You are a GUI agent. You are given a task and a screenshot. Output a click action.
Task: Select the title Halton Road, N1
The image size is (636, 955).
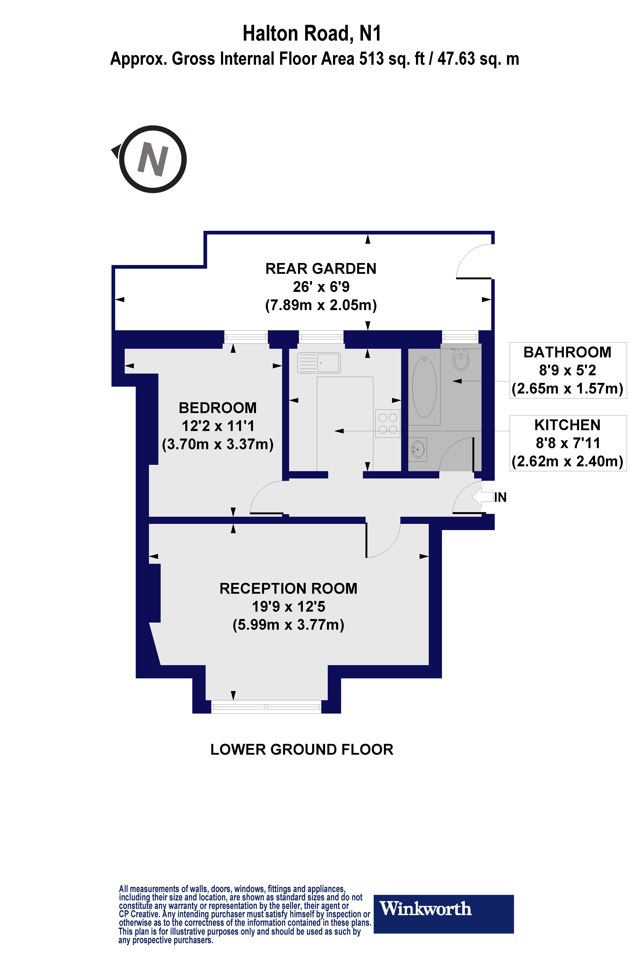(311, 33)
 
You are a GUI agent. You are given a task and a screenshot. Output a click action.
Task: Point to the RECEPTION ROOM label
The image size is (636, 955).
(288, 588)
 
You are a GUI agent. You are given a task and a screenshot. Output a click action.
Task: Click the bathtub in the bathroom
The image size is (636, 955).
(424, 387)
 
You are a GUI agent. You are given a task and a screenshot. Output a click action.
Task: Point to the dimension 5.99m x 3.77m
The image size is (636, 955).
(288, 624)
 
